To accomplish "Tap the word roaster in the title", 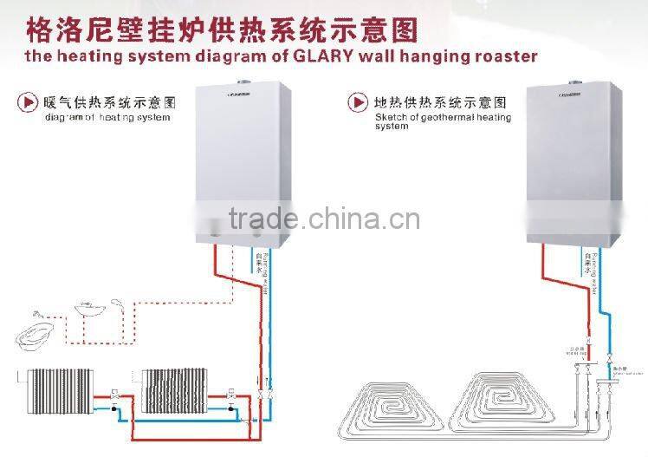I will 501,56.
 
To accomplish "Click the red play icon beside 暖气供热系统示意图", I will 28,102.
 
